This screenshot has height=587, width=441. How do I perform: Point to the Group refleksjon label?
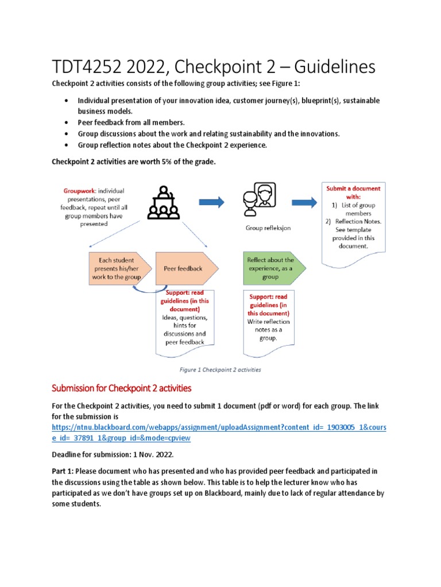(268, 228)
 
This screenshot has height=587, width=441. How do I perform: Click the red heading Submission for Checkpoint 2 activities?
(121, 388)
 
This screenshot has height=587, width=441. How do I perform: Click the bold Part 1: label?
(64, 470)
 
